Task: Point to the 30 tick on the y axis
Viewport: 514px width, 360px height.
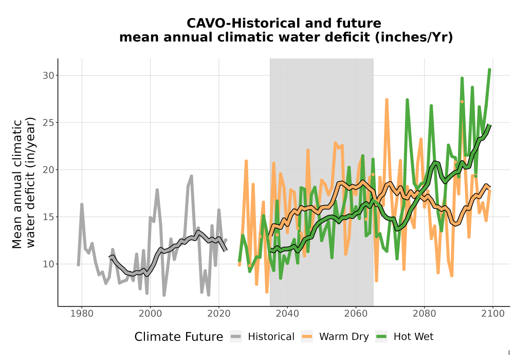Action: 48,76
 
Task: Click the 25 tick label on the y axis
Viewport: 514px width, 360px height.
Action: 48,122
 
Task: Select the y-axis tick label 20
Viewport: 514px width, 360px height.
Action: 48,170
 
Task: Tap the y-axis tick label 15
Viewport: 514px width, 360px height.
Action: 48,217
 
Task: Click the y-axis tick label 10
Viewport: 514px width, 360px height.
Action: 48,264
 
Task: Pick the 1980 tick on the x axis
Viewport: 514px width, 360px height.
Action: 82,313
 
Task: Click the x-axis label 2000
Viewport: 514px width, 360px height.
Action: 150,313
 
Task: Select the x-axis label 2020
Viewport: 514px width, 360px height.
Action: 218,313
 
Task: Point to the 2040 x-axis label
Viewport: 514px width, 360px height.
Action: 287,313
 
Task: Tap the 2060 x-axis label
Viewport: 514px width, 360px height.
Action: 356,313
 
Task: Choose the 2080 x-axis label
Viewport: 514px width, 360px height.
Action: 424,313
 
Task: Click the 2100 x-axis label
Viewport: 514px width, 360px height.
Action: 493,313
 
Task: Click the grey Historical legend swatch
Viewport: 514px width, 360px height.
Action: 236,337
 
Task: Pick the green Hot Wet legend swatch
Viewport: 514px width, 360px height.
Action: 381,337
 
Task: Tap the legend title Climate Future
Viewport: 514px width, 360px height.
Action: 179,337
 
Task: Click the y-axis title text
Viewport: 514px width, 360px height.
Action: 24,183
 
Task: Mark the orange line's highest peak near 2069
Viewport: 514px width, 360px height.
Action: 387,99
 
